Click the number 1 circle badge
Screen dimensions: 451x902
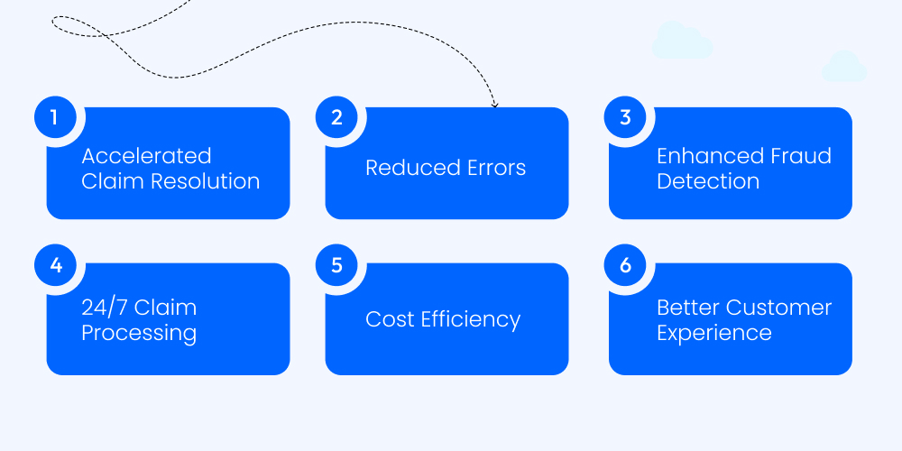point(54,117)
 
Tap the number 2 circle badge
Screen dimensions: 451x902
point(337,117)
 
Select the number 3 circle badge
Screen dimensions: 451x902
point(625,117)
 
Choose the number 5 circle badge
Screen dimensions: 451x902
point(337,266)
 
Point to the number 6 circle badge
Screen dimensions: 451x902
point(625,266)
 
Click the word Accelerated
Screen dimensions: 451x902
point(146,156)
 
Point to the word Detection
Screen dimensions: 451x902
point(708,180)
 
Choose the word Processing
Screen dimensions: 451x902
point(139,333)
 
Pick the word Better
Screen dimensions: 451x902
point(688,308)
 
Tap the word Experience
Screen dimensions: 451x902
point(713,333)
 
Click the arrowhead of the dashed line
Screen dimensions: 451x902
point(494,105)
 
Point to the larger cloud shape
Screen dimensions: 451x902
point(682,41)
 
